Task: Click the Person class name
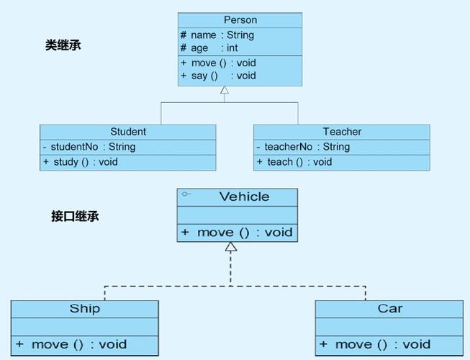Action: click(x=240, y=20)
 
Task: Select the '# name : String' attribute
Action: click(x=217, y=35)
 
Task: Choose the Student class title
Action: click(x=128, y=132)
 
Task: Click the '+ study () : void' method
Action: click(x=81, y=162)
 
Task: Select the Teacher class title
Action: click(x=342, y=132)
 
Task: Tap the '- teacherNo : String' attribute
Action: click(x=303, y=147)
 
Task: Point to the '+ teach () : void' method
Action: click(x=294, y=162)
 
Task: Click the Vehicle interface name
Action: click(x=244, y=197)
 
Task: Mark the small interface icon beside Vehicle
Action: click(x=186, y=194)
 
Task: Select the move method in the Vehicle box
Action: click(x=237, y=233)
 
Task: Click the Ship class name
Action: click(x=85, y=309)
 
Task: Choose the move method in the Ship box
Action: click(x=71, y=345)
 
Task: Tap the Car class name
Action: click(x=389, y=309)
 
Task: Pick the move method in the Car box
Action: click(x=375, y=345)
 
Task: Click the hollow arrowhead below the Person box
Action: click(x=225, y=91)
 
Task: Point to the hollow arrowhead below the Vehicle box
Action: click(x=230, y=247)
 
